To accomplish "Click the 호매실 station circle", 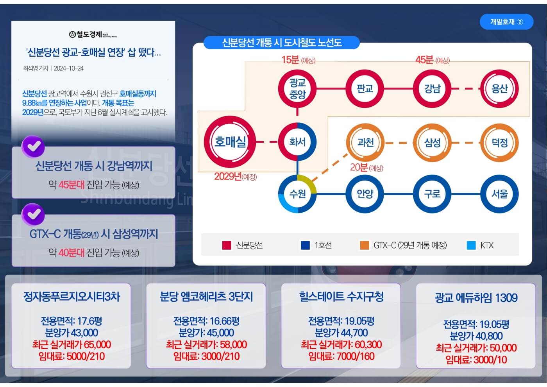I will point(230,141).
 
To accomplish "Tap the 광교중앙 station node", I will point(297,88).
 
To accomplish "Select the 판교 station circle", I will point(365,88).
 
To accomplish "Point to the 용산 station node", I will point(499,88).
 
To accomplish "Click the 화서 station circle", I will point(297,142).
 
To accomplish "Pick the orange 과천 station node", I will point(365,142).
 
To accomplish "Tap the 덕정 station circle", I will point(499,142).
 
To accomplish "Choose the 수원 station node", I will point(297,194).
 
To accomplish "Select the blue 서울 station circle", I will point(499,194).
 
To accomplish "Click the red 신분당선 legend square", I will point(227,245).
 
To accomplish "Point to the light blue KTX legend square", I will point(471,245).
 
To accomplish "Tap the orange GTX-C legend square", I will point(364,245).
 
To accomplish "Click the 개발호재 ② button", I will point(506,22).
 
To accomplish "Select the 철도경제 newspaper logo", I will point(93,34).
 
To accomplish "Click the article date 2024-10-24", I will point(69,68).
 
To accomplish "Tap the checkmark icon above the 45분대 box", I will point(33,146).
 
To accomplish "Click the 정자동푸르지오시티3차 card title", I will point(72,297).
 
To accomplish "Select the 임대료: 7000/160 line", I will point(341,356).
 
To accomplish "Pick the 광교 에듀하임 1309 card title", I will point(476,298).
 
